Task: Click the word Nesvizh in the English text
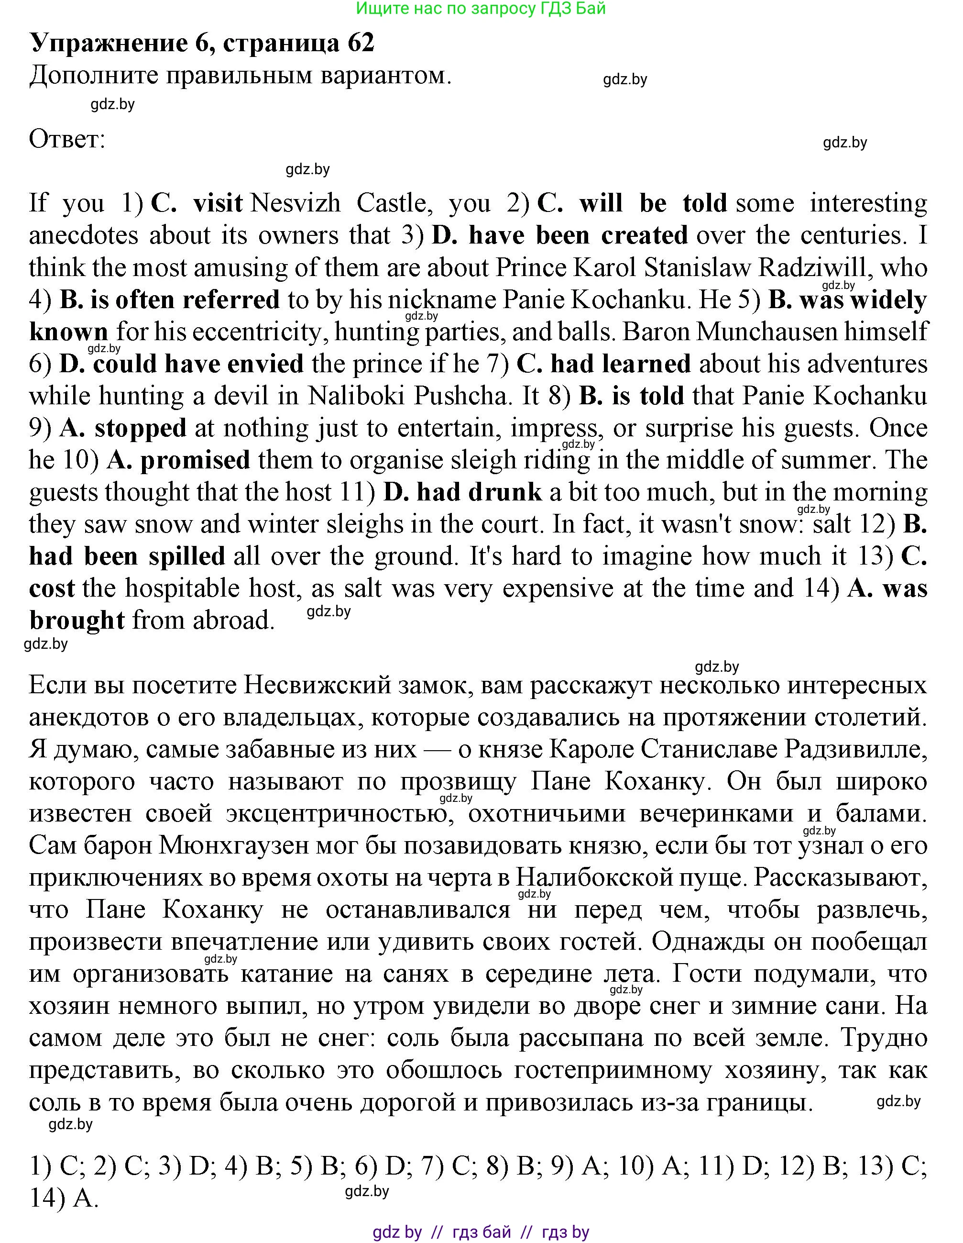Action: pos(295,203)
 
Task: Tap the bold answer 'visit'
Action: pos(218,203)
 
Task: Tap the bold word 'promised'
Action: pos(195,460)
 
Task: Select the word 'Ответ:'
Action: pos(67,139)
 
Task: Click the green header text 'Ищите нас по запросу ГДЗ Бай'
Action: pos(481,8)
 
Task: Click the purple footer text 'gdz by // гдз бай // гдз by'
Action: pos(481,1232)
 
